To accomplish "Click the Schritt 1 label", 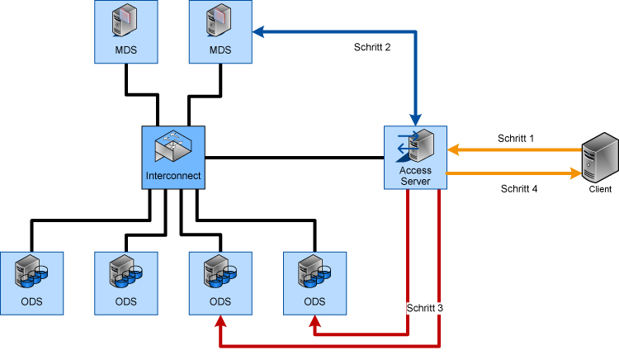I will [516, 138].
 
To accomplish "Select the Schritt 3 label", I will [425, 308].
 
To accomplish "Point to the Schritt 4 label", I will [519, 188].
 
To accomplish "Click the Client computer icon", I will [600, 160].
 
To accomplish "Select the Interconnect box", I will [172, 157].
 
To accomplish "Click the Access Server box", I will [416, 157].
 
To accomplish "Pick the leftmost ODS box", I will [32, 282].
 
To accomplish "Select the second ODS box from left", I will [126, 282].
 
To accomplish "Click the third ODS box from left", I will [220, 282].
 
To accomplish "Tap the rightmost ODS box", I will [314, 282].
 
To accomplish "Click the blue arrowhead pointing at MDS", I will [258, 32].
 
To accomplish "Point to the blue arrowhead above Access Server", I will [416, 118].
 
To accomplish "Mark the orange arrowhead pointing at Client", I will [574, 173].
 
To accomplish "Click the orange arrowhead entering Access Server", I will [454, 150].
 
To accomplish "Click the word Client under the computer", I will [600, 189].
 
